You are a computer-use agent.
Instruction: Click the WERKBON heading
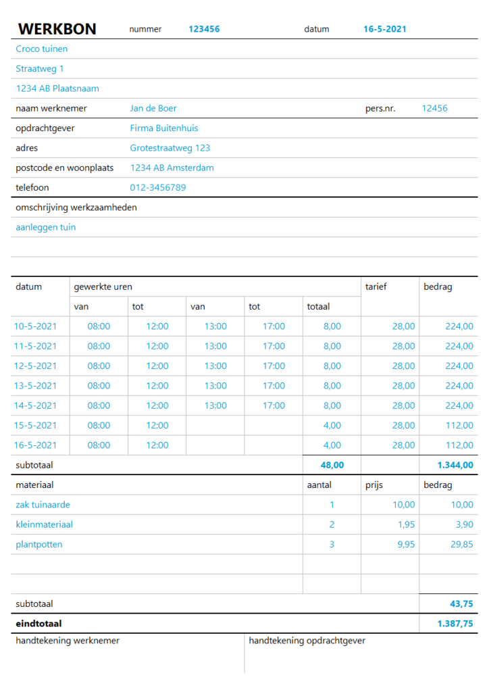pyautogui.click(x=57, y=29)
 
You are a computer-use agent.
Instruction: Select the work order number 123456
pyautogui.click(x=204, y=29)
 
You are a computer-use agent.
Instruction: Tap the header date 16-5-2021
pyautogui.click(x=385, y=29)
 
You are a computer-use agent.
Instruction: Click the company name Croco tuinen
pyautogui.click(x=42, y=49)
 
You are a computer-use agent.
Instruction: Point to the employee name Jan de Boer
pyautogui.click(x=153, y=108)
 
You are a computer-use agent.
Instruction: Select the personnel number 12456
pyautogui.click(x=434, y=108)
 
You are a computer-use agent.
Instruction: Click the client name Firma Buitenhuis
pyautogui.click(x=164, y=128)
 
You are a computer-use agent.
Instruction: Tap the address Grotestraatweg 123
pyautogui.click(x=170, y=148)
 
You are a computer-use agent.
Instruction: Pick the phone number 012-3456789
pyautogui.click(x=158, y=187)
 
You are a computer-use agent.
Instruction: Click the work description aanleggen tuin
pyautogui.click(x=46, y=228)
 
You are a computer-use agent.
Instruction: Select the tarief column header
pyautogui.click(x=376, y=287)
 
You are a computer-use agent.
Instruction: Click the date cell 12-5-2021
pyautogui.click(x=35, y=366)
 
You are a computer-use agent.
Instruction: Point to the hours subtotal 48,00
pyautogui.click(x=332, y=465)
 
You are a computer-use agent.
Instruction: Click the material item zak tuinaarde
pyautogui.click(x=43, y=505)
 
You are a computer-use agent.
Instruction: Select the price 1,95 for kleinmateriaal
pyautogui.click(x=405, y=524)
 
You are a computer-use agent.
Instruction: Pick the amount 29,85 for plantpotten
pyautogui.click(x=462, y=545)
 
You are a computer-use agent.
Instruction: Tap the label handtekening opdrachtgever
pyautogui.click(x=307, y=641)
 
